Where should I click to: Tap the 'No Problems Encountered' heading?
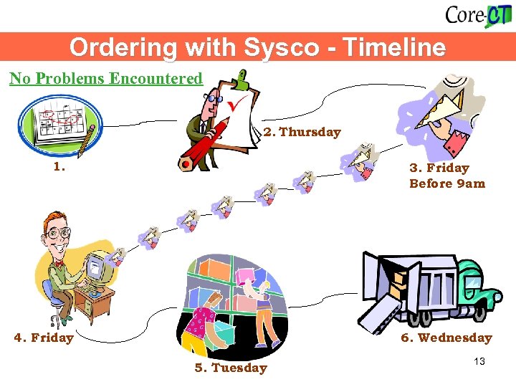[x=106, y=78]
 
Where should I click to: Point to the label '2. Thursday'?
[x=302, y=132]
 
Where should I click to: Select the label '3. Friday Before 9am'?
[x=446, y=176]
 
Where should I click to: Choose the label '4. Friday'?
[x=44, y=338]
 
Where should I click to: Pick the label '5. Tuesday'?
[x=231, y=368]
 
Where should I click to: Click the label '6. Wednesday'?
[x=446, y=338]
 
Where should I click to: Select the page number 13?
[x=479, y=361]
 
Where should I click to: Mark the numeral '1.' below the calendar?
[x=59, y=168]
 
